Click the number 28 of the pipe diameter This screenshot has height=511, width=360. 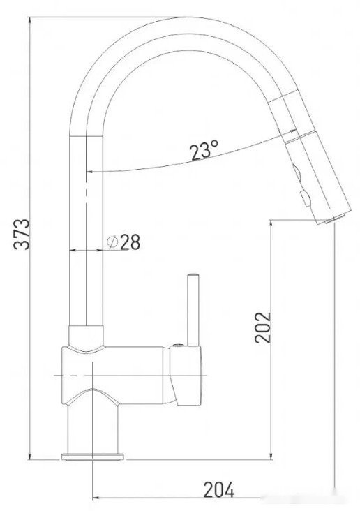click(130, 242)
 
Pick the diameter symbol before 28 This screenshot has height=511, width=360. click(112, 242)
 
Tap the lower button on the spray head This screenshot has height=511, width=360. click(303, 196)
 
